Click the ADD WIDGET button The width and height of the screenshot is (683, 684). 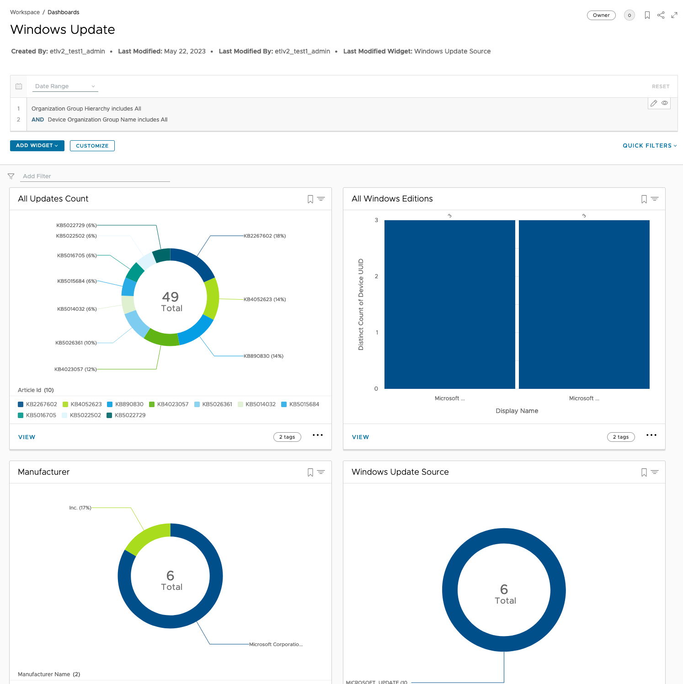[37, 145]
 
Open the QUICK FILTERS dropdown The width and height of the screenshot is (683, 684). [649, 146]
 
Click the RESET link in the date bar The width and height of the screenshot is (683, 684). [660, 86]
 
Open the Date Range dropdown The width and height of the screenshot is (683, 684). [64, 86]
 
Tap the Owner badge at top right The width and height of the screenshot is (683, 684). [601, 15]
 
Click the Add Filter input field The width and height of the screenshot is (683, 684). [96, 176]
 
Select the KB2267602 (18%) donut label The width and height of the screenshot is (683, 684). [265, 236]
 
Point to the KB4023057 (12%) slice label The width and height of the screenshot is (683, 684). [75, 369]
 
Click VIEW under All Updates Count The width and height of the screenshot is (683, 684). [27, 437]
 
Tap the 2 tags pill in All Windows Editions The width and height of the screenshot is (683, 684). [620, 437]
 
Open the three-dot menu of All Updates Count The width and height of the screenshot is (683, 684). [317, 435]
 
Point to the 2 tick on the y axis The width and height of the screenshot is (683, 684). [376, 276]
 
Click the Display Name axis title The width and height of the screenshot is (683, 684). [517, 411]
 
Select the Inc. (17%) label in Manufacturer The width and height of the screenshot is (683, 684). [80, 508]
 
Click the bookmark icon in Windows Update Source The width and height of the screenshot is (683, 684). [644, 472]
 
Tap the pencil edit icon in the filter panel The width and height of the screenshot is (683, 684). [654, 103]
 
